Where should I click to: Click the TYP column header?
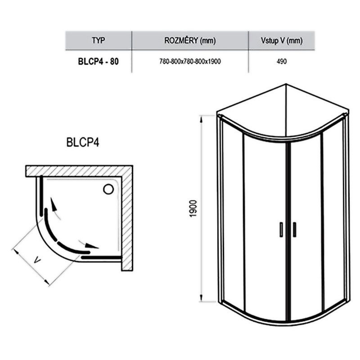(x=99, y=40)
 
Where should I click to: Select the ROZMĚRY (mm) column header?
(x=190, y=40)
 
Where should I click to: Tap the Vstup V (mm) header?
(x=282, y=40)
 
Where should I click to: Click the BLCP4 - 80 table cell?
(x=99, y=62)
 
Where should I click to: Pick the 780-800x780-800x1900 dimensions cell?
(x=190, y=62)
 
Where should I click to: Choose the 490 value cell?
(x=282, y=62)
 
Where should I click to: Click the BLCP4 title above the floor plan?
(x=83, y=142)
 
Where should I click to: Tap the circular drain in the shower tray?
(x=108, y=189)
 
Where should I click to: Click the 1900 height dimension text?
(x=193, y=209)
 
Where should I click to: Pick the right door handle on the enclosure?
(x=294, y=229)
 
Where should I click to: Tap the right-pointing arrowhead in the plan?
(x=91, y=246)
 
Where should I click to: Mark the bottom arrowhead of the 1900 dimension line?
(x=201, y=297)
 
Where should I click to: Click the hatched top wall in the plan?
(x=79, y=171)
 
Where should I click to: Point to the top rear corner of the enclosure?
(x=286, y=84)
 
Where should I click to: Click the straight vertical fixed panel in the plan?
(x=41, y=196)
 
